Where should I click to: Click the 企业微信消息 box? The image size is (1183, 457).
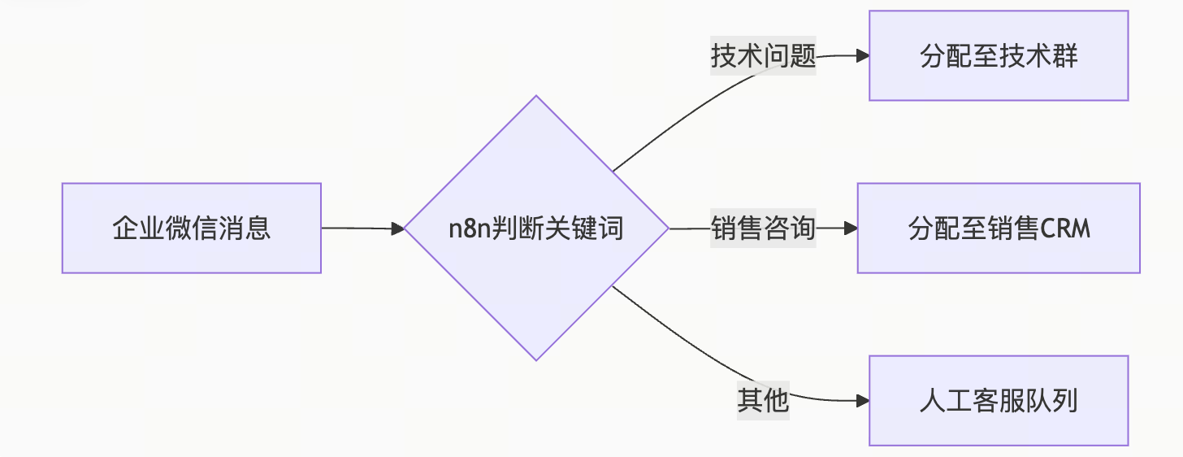(x=192, y=228)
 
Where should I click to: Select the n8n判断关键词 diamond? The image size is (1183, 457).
(x=536, y=228)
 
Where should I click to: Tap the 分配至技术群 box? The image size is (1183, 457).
(x=999, y=56)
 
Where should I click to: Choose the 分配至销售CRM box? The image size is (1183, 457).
(x=999, y=228)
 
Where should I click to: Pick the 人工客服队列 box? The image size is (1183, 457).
(x=999, y=400)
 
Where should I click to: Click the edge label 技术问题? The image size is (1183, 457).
(x=763, y=57)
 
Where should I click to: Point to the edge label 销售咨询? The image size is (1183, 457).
(x=763, y=228)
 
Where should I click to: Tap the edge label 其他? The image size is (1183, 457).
(x=763, y=400)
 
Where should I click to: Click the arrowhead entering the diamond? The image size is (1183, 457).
(x=398, y=228)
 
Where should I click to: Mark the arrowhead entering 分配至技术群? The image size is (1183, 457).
(x=863, y=56)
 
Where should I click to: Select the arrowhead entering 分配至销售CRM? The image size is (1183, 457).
(x=851, y=228)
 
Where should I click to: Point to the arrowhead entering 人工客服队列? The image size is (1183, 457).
(x=863, y=400)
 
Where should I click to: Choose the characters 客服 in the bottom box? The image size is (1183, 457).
(x=999, y=400)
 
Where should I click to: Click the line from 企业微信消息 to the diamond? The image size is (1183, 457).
(x=357, y=228)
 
